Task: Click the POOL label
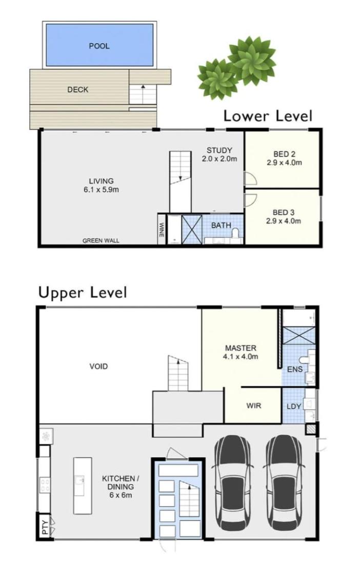pyautogui.click(x=99, y=46)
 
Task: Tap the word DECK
pyautogui.click(x=77, y=89)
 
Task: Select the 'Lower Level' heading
pyautogui.click(x=268, y=116)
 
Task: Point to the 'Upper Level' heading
pyautogui.click(x=83, y=293)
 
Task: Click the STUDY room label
pyautogui.click(x=219, y=150)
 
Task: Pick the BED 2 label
pyautogui.click(x=284, y=154)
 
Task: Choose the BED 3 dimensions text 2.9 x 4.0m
pyautogui.click(x=284, y=221)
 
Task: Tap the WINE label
pyautogui.click(x=162, y=230)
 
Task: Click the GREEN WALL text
pyautogui.click(x=101, y=241)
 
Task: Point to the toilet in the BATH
pyautogui.click(x=235, y=233)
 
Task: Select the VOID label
pyautogui.click(x=98, y=366)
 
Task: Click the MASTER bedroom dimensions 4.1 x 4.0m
pyautogui.click(x=240, y=357)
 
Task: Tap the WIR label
pyautogui.click(x=253, y=405)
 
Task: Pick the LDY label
pyautogui.click(x=294, y=407)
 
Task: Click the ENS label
pyautogui.click(x=295, y=369)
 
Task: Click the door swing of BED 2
pyautogui.click(x=249, y=178)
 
